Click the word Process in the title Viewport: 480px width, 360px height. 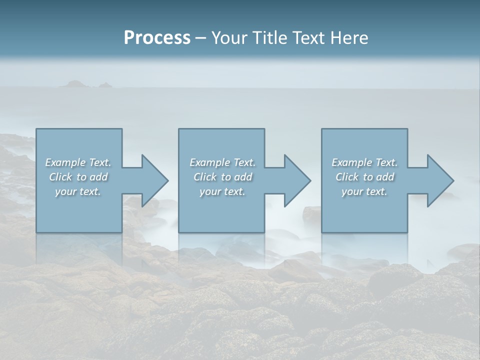[x=157, y=38]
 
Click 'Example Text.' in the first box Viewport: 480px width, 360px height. [x=78, y=162]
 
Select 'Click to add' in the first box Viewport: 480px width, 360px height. [x=78, y=177]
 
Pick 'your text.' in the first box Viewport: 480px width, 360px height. [x=78, y=191]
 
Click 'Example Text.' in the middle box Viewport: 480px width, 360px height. [x=222, y=162]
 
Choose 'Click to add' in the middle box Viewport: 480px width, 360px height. [x=222, y=177]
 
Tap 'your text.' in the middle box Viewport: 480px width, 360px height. [x=222, y=191]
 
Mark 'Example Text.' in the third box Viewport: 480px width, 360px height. [x=364, y=162]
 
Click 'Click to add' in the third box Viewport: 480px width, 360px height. [x=364, y=177]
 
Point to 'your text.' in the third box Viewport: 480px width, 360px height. [x=364, y=191]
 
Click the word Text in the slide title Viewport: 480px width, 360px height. [x=307, y=38]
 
